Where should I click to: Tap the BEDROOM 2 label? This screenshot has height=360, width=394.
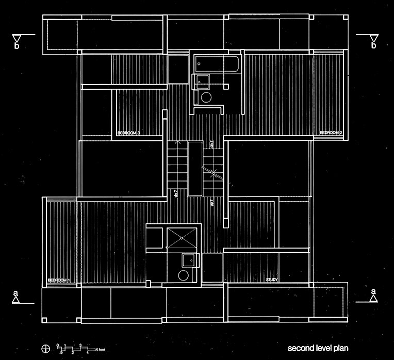point(331,133)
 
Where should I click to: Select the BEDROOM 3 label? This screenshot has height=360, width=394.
point(129,133)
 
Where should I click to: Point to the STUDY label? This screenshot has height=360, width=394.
point(272,280)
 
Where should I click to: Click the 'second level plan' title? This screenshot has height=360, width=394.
point(319,347)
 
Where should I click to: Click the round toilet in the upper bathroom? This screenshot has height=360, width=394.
point(207,97)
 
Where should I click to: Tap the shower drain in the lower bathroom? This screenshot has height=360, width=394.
point(182,238)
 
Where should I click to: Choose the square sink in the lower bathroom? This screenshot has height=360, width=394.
point(190,260)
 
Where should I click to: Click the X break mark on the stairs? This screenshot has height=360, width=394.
point(212,172)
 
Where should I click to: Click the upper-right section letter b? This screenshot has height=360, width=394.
point(373,46)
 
